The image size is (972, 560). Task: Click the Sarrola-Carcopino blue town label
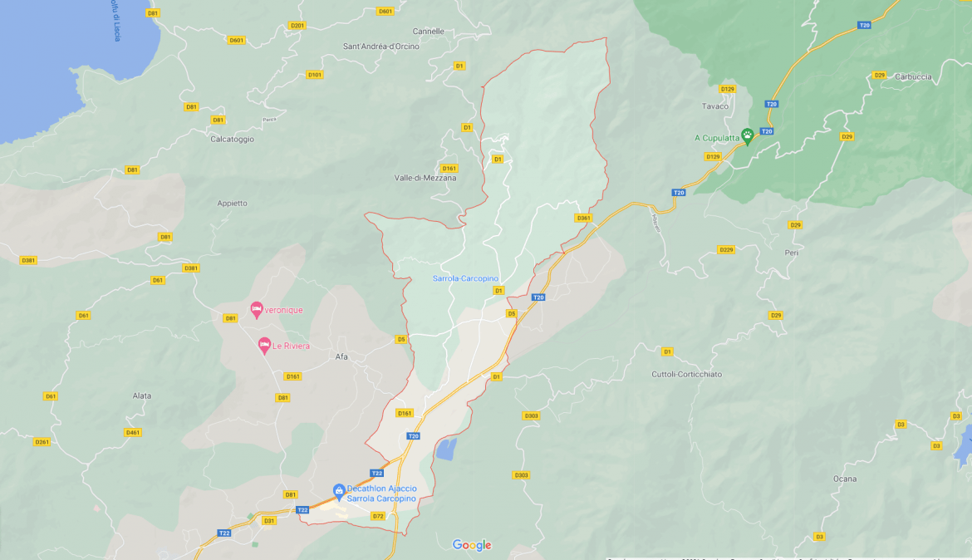(x=465, y=278)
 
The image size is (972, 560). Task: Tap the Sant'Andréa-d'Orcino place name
(x=381, y=47)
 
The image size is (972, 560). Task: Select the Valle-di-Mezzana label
(x=425, y=178)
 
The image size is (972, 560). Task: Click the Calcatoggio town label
(x=232, y=139)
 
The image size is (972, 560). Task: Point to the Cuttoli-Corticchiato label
(x=686, y=374)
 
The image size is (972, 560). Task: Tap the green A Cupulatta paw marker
(x=747, y=135)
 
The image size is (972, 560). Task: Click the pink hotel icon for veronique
(x=257, y=309)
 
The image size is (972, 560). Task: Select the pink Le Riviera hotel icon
(x=264, y=344)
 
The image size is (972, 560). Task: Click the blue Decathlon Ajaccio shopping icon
(x=339, y=491)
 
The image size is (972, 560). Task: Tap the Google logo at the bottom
(x=472, y=545)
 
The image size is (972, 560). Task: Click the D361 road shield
(x=583, y=219)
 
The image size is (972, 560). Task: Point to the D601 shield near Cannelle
(x=385, y=12)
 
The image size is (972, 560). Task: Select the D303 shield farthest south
(x=521, y=475)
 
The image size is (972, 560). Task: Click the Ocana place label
(x=844, y=479)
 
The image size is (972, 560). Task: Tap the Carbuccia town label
(x=913, y=76)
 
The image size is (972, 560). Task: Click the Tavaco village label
(x=714, y=106)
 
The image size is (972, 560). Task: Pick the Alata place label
(x=142, y=395)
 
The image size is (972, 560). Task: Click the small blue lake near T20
(x=446, y=449)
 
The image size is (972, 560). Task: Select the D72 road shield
(x=378, y=516)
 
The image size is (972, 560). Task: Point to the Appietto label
(x=232, y=203)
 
